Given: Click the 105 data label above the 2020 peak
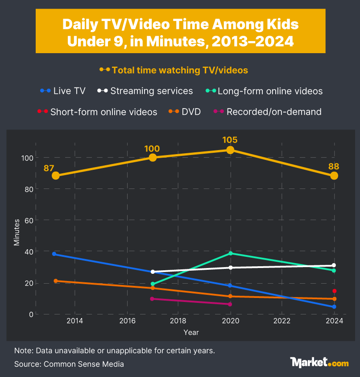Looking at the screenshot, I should [230, 140].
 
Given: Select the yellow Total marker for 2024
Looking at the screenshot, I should [334, 176].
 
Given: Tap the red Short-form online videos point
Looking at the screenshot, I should [334, 291].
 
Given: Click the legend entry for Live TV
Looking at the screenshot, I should [63, 91].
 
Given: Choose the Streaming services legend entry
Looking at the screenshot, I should [145, 91].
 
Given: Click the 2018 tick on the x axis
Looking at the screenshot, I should [178, 321].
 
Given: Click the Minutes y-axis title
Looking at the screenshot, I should [17, 232].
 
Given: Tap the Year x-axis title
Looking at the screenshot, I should [191, 332].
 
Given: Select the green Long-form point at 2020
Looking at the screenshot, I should [230, 253].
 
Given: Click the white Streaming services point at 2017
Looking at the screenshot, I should [153, 272].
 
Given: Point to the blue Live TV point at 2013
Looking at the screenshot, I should [54, 254].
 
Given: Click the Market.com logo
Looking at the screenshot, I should [319, 362].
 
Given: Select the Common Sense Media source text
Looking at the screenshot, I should [69, 364].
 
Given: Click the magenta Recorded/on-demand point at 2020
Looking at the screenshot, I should [230, 304].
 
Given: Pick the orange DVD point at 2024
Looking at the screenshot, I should [334, 299].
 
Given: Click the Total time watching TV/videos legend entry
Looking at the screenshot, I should [174, 70].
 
